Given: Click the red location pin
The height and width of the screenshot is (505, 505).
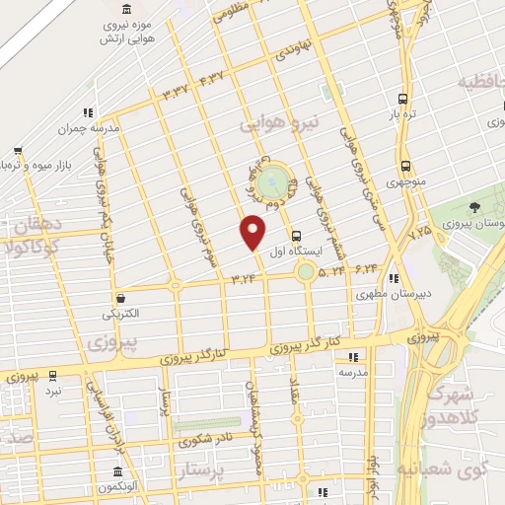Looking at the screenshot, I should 253,232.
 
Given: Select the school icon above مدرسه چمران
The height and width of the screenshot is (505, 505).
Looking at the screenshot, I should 88,112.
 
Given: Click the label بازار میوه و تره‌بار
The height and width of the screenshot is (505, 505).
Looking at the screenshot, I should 38,163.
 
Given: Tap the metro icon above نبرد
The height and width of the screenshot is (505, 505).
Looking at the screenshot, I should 52,376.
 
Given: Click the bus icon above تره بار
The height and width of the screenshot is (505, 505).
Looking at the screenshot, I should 402,99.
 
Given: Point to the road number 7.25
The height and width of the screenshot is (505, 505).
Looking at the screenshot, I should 420,230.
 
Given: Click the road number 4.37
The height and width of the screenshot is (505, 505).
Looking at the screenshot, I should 212,78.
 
